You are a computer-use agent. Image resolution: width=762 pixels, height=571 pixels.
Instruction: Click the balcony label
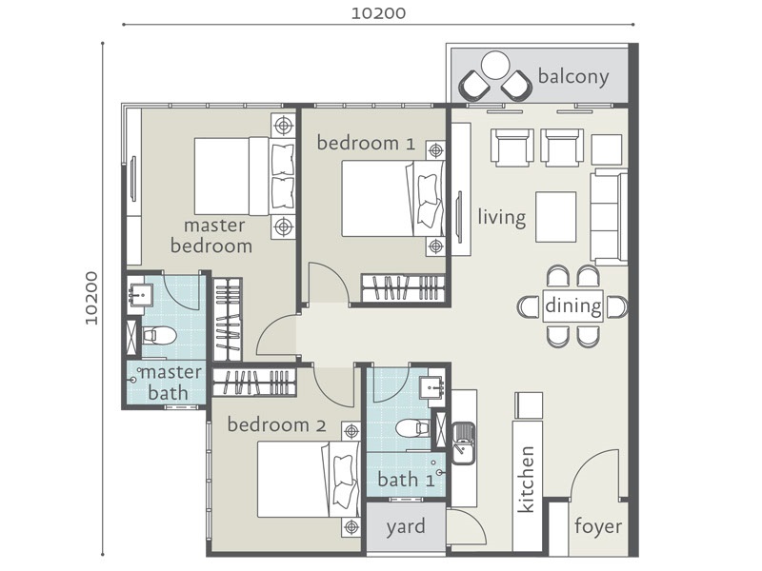(x=573, y=78)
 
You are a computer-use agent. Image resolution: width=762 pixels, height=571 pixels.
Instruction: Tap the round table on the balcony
(x=495, y=65)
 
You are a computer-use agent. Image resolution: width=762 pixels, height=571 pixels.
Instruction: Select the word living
(x=502, y=217)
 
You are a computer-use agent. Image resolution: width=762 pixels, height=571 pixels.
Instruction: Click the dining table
(x=573, y=305)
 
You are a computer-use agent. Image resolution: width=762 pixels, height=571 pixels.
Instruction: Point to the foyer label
(x=598, y=526)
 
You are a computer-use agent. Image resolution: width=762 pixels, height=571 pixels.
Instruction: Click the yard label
(x=406, y=527)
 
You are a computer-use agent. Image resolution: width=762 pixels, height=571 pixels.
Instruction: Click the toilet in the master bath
(x=158, y=335)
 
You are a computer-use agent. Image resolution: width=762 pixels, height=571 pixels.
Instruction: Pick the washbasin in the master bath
(x=140, y=295)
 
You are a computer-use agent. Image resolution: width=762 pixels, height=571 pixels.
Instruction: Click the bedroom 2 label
(x=276, y=424)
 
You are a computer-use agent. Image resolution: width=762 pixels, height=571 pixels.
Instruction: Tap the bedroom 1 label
(x=366, y=144)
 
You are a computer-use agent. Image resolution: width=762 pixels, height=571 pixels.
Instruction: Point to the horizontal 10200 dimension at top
(x=378, y=13)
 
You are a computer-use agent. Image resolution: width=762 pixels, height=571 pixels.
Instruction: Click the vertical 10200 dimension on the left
(x=91, y=298)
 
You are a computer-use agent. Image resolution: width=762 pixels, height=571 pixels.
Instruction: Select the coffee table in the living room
(x=556, y=217)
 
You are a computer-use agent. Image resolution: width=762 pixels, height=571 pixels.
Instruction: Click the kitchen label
(x=527, y=480)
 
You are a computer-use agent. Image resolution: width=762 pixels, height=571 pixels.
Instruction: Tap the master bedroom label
(x=211, y=236)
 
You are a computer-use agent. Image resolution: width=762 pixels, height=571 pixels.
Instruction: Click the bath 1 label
(x=406, y=480)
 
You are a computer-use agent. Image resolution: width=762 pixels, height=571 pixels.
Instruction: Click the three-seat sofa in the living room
(x=609, y=217)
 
